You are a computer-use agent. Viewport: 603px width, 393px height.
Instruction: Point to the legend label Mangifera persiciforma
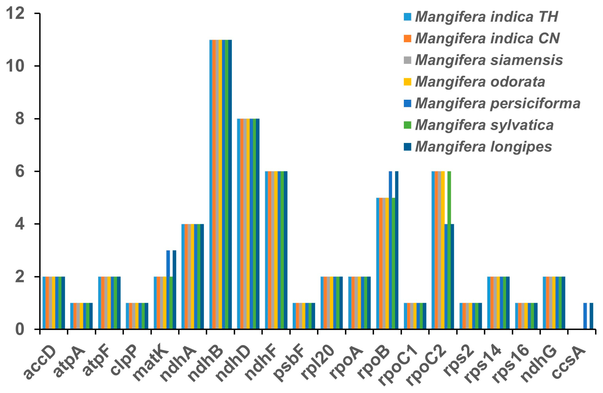coord(497,103)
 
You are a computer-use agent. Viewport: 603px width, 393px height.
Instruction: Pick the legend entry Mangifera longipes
coord(483,147)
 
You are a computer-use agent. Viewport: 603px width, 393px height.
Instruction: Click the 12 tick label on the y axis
coord(15,13)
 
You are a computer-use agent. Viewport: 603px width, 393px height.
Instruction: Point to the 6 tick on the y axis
coord(20,172)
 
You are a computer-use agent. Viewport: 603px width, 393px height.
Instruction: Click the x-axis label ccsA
coord(569,363)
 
